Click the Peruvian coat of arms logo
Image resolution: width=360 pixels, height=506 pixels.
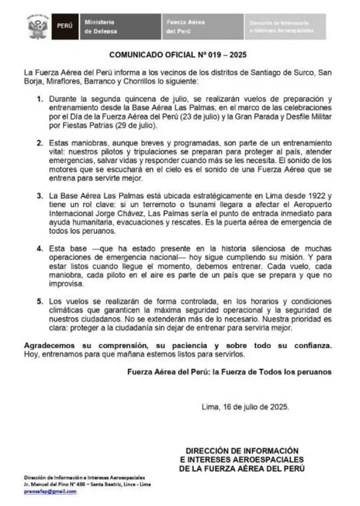pyautogui.click(x=38, y=26)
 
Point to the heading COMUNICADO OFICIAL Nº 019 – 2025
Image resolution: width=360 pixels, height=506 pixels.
pyautogui.click(x=178, y=55)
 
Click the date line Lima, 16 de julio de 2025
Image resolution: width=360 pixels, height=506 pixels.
pyautogui.click(x=245, y=406)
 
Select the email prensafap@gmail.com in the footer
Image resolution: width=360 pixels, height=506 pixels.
pyautogui.click(x=49, y=491)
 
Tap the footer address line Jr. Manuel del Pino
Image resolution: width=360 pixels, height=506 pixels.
pyautogui.click(x=87, y=484)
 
